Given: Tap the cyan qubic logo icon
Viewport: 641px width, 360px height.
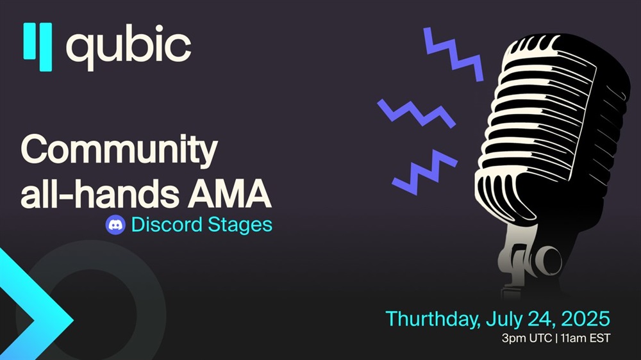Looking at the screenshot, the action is (38, 47).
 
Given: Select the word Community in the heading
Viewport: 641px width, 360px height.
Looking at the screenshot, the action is (119, 151).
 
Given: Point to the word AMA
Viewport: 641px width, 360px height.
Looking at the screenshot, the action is (229, 193).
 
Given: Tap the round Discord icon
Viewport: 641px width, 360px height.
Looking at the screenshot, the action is (115, 225).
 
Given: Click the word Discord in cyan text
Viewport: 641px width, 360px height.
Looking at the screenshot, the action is (167, 225).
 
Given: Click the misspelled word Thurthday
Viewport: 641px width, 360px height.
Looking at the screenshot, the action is (433, 319).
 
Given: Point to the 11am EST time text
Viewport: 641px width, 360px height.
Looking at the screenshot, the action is (585, 338).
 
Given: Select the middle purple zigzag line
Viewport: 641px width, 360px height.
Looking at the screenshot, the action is (416, 113).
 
